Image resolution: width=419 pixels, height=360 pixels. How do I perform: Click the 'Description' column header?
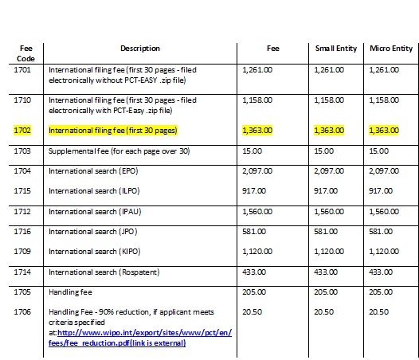tap(139, 49)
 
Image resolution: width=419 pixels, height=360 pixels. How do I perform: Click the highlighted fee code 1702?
tap(23, 129)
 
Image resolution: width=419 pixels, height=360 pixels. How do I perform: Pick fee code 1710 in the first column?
tap(23, 101)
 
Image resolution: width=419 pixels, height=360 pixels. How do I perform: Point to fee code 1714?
tap(23, 272)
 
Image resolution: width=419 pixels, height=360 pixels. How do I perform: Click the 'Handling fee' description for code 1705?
tap(72, 292)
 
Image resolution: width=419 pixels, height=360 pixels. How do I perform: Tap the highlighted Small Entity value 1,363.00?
tap(329, 129)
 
